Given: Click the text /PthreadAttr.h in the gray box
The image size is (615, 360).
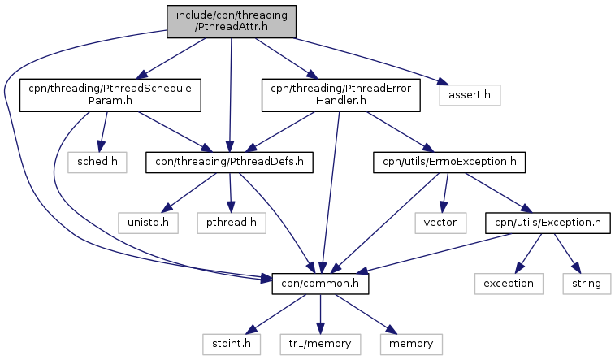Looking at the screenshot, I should pyautogui.click(x=231, y=27).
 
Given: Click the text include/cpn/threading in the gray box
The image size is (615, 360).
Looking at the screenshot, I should pyautogui.click(x=231, y=15).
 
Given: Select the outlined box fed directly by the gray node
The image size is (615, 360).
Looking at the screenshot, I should pyautogui.click(x=470, y=95).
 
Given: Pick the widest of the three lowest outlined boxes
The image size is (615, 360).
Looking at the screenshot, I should pyautogui.click(x=320, y=345).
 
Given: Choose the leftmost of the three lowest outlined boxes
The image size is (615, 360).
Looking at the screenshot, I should pyautogui.click(x=232, y=345).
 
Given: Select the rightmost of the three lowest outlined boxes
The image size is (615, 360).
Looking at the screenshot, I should pyautogui.click(x=411, y=345).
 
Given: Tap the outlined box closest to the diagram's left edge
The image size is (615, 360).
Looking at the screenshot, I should pyautogui.click(x=97, y=162).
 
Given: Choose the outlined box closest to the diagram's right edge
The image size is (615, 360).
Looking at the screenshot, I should pyautogui.click(x=587, y=284).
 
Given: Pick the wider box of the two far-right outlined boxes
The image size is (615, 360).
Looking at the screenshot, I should pyautogui.click(x=509, y=284).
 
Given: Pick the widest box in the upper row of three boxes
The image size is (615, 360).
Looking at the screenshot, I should pyautogui.click(x=232, y=223).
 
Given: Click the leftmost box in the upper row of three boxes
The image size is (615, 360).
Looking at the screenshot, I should pyautogui.click(x=148, y=223).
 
